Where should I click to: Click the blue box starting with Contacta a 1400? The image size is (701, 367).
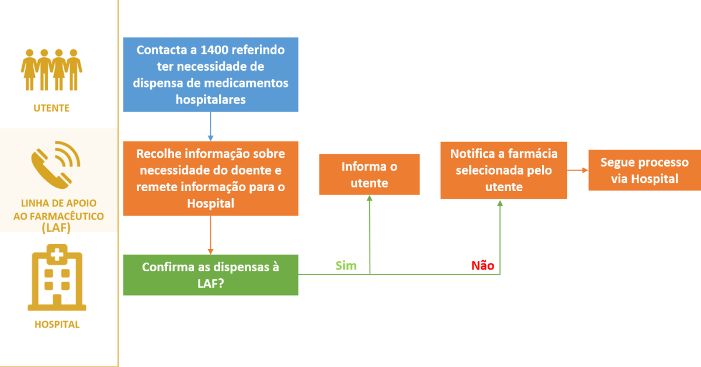point(210,75)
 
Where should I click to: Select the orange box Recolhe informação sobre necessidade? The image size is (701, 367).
point(210,178)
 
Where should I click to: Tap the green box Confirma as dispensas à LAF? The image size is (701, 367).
point(210,275)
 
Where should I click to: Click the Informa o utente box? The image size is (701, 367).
point(369,174)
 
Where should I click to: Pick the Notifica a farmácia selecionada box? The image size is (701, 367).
point(504,170)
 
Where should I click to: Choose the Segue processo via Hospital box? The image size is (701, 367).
point(644,171)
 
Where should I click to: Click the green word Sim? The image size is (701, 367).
point(346,266)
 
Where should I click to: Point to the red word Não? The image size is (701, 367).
point(483,266)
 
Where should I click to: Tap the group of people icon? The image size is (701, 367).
point(51,69)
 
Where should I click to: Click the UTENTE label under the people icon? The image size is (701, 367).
point(51,108)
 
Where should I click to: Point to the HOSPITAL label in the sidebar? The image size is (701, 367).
point(57,324)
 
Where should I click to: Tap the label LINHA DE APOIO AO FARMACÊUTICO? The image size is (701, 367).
point(58,216)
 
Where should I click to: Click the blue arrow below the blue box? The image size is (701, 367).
point(210,126)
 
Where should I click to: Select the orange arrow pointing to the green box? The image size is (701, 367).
point(210,235)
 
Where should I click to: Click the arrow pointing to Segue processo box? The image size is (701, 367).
point(577,171)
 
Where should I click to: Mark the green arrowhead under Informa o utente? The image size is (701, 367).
point(369,199)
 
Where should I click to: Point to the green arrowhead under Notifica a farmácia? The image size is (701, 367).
point(500,203)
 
